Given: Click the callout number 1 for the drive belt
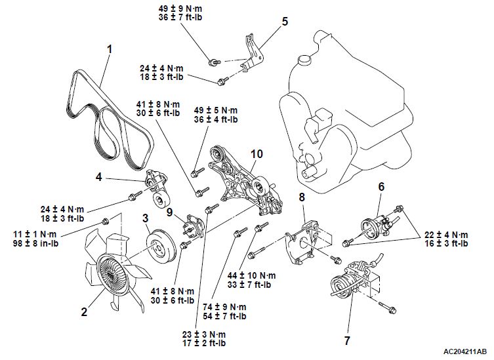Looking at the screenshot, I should tap(110, 49).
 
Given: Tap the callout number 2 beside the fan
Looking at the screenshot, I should tap(84, 312).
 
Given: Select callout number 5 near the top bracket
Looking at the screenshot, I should tap(285, 21).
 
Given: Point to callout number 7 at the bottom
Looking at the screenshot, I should tap(347, 340).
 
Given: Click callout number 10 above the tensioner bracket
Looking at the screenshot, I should tap(256, 153).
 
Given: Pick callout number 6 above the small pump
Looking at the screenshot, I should tap(380, 186).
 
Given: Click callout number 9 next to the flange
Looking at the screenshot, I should tap(169, 212).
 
